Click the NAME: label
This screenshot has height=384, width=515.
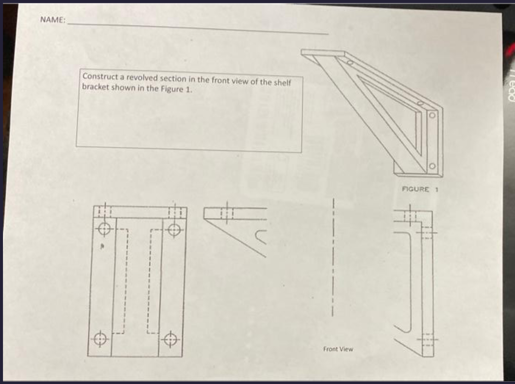[x=52, y=20]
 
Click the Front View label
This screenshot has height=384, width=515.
[x=338, y=349]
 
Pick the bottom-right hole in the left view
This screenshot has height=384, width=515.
[x=170, y=340]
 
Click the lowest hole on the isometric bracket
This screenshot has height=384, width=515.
[x=432, y=166]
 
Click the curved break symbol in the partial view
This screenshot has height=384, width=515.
[x=261, y=237]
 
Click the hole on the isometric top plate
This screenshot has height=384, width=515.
[x=350, y=63]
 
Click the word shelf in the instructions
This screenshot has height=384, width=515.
[x=282, y=83]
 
